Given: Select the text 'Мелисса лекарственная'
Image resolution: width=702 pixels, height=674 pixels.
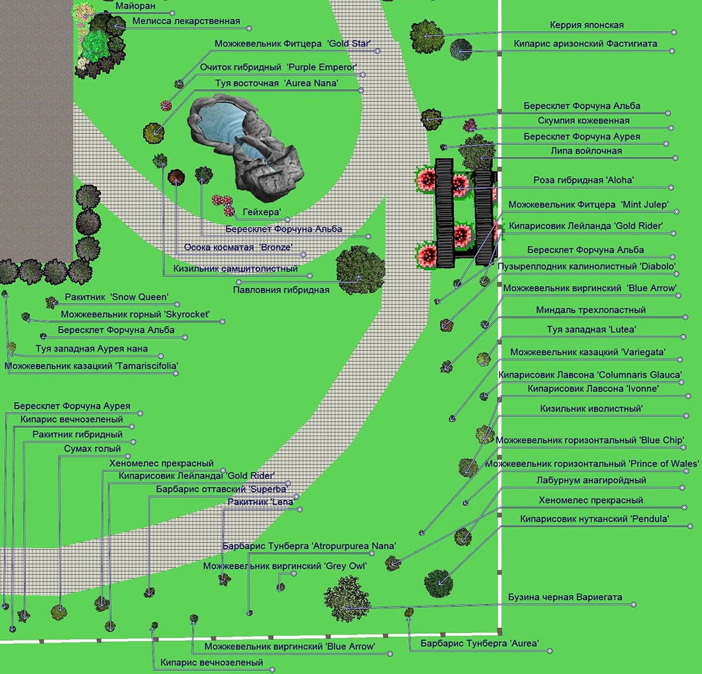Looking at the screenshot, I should pos(186,21).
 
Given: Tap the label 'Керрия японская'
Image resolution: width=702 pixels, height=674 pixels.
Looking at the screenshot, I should pos(586,25).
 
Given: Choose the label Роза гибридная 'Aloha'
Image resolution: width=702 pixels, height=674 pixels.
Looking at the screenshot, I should pos(583,180).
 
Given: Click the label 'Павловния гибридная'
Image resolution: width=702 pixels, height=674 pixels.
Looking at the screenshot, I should pos(281,290).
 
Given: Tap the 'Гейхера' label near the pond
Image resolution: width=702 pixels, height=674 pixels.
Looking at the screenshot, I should pos(262,211).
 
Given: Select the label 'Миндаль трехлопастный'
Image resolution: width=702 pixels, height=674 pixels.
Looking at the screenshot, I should pos(590,310).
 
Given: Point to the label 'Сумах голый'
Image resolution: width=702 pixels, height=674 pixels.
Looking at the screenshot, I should pos(93,449).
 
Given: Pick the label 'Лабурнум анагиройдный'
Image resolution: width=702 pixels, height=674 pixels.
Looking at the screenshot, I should pos(591,480).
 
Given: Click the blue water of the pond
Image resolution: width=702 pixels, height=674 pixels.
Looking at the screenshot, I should pos(217,121).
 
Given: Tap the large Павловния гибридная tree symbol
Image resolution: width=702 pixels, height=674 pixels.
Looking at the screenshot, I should pos(360,269).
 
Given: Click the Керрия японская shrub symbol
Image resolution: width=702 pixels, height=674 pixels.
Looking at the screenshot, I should pos(427,36).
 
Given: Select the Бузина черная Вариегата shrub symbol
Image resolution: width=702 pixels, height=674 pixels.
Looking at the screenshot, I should pos(346,598).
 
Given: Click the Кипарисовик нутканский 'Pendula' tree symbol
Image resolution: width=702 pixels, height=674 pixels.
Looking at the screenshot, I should pos(439,583).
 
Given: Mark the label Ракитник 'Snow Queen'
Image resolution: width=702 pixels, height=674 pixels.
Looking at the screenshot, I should pos(116,297).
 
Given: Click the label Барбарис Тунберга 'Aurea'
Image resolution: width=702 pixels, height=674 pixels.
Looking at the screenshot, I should pos(479,643).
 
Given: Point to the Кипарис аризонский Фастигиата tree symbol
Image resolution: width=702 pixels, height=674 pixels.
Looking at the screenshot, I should pos(460,50).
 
